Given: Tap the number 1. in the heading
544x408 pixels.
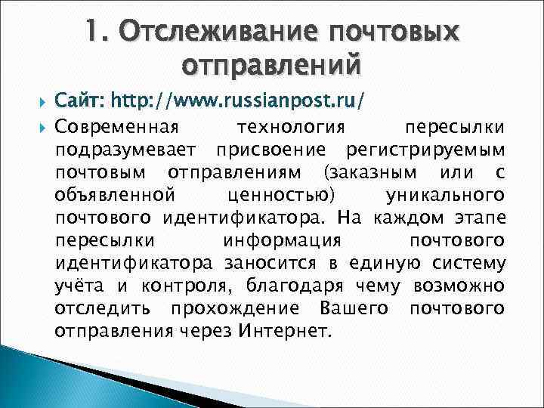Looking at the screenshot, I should coord(97,32).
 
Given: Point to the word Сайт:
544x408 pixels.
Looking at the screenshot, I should coord(81,99).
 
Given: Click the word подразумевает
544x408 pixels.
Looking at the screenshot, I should coord(125,148).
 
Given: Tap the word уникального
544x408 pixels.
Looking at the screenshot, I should coord(445,195).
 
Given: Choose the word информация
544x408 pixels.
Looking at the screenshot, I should coord(283,241).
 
